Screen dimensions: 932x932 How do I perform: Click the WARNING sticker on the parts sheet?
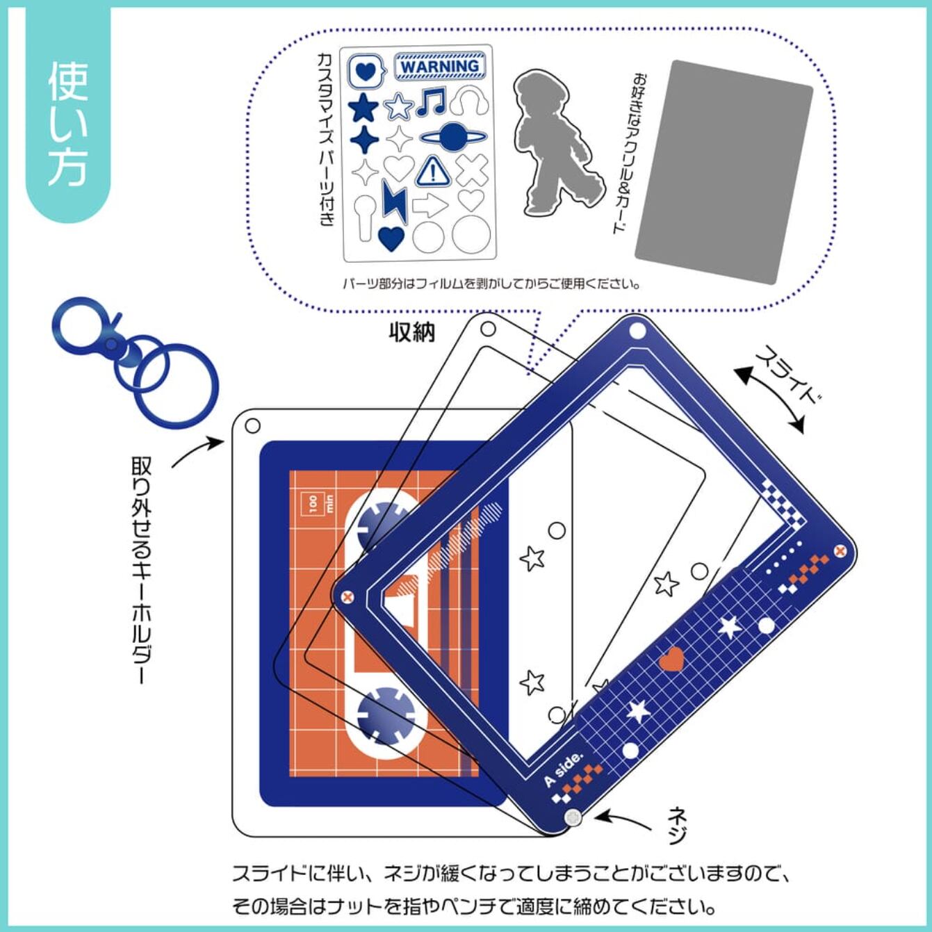440,66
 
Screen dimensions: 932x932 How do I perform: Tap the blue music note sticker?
430,101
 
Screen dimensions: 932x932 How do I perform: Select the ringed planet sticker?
452,138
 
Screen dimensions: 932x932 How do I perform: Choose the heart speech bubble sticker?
367,72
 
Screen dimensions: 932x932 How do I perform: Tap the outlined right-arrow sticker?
430,206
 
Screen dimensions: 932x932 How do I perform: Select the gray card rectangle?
723,172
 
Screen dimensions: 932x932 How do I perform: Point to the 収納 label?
412,332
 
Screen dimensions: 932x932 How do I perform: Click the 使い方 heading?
67,125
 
